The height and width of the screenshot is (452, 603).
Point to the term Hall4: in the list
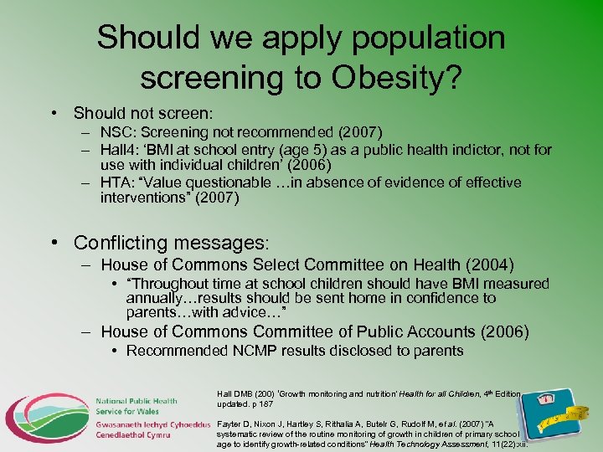(x=121, y=150)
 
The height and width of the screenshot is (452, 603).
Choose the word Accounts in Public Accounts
(x=431, y=331)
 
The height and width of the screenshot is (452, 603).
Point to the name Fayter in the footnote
(x=232, y=425)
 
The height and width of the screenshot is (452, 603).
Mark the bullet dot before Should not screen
(x=53, y=112)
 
